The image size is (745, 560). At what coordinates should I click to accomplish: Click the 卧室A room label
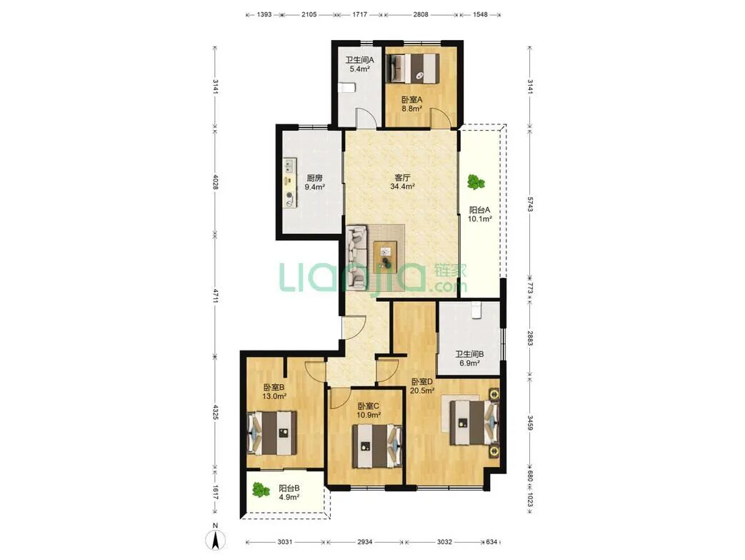pos(411,99)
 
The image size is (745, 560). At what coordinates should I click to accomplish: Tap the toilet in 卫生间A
pos(347,88)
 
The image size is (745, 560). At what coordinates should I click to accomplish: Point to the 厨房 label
pos(314,178)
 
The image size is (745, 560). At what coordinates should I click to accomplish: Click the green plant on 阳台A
pos(475,182)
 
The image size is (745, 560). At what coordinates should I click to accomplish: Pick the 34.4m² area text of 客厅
pos(402,187)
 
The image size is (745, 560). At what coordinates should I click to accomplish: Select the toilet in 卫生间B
pos(476,310)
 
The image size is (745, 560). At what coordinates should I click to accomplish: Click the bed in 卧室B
pos(271,433)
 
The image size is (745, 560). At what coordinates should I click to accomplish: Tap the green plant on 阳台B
pos(259,490)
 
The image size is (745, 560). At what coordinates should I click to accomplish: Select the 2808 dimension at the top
pos(421,14)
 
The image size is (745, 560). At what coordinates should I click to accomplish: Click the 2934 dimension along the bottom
pos(365,541)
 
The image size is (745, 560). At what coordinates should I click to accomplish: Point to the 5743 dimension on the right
pos(530,203)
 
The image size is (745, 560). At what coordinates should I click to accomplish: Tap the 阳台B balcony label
pos(289,488)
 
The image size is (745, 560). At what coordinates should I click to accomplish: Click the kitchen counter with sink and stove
pos(289,183)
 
